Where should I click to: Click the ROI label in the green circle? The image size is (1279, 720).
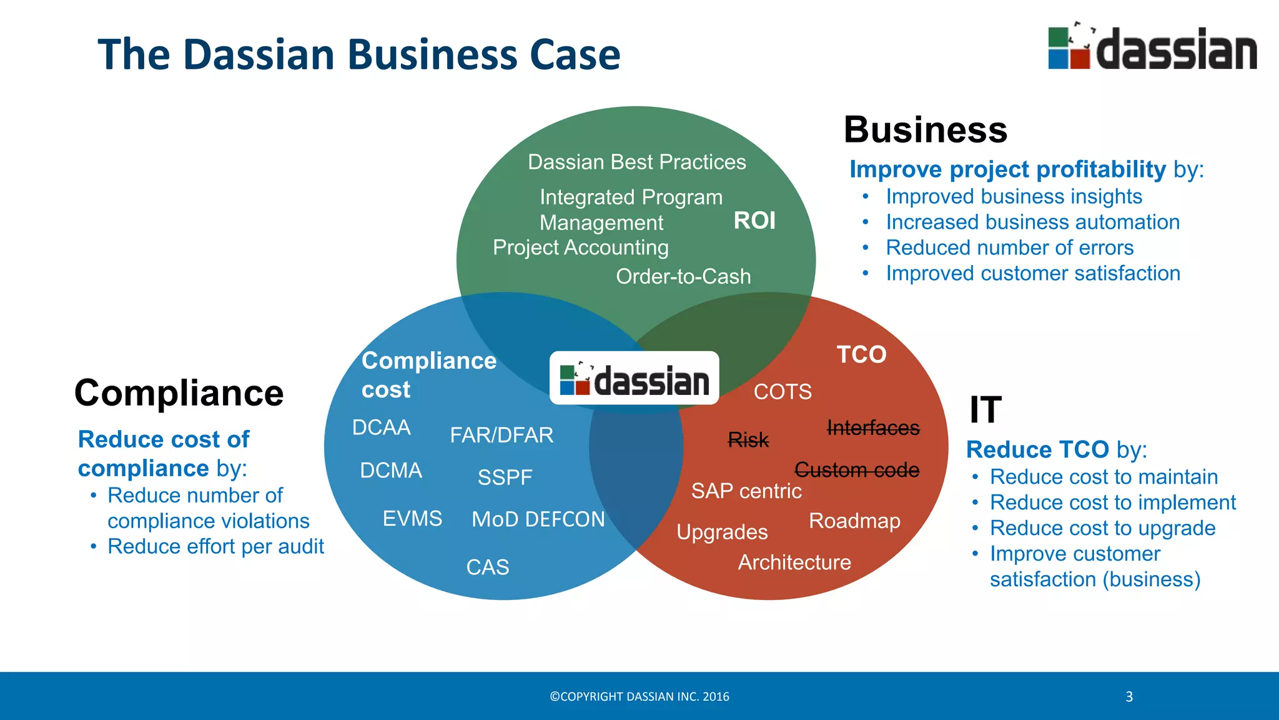[x=754, y=221]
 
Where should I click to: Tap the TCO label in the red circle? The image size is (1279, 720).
[x=861, y=354]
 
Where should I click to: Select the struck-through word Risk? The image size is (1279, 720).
[x=748, y=440]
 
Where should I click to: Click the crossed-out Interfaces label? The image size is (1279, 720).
[x=872, y=428]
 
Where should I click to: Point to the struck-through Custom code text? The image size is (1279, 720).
[x=856, y=470]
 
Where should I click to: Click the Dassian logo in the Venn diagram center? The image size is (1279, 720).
[x=635, y=379]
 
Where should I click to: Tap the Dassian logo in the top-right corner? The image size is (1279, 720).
[x=1152, y=47]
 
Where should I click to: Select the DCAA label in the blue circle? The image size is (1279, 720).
[x=381, y=427]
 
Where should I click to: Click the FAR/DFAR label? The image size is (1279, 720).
[x=501, y=435]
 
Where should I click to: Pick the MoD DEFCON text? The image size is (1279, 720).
[x=538, y=519]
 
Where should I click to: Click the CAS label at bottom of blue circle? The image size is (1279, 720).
[x=488, y=567]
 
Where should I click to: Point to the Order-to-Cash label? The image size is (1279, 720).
[x=683, y=276]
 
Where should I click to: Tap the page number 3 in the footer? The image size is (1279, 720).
[x=1129, y=697]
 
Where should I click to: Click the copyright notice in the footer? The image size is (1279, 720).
[x=639, y=697]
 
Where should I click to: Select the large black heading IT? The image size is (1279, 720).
[x=985, y=410]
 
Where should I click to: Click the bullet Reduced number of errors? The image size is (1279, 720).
[x=1009, y=248]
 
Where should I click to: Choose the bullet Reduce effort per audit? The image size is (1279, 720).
[x=215, y=547]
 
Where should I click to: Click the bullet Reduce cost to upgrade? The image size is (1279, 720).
[x=1102, y=528]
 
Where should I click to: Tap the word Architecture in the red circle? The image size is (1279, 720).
[x=794, y=562]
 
